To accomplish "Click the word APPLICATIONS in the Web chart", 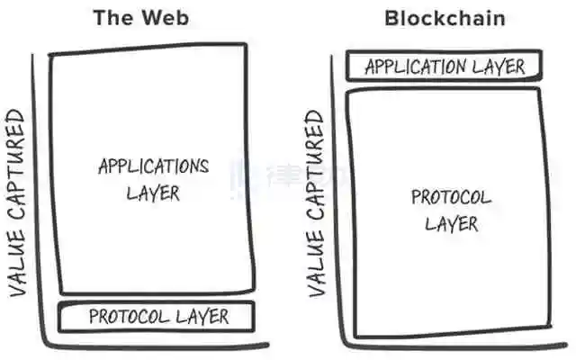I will coord(153,166).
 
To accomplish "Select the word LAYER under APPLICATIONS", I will coord(153,193).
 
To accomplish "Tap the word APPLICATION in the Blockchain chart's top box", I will coord(415,67).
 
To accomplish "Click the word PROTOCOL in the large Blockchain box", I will coord(451,198).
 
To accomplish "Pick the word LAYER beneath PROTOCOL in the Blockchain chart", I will coord(451,223).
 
